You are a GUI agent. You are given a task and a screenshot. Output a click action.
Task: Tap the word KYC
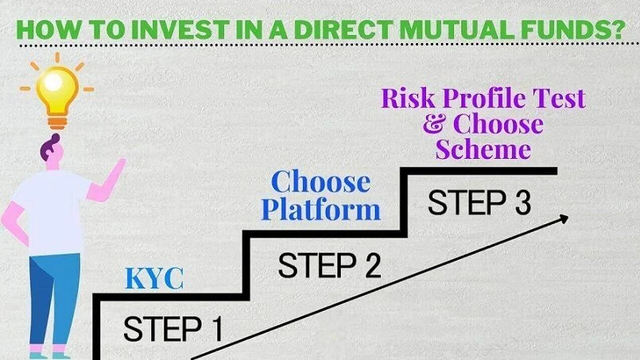tap(154, 279)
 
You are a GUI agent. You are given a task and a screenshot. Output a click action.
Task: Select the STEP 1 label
tap(173, 328)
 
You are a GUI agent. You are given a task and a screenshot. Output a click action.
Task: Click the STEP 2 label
tap(328, 264)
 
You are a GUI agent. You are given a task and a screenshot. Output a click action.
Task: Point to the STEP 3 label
tap(479, 203)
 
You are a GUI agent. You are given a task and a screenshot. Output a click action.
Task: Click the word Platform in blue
tap(321, 210)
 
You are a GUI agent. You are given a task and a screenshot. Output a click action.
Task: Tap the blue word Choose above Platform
tap(320, 182)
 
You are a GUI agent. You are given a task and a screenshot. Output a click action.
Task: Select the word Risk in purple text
tap(408, 99)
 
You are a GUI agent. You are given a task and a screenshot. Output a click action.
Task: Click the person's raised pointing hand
tap(119, 168)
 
